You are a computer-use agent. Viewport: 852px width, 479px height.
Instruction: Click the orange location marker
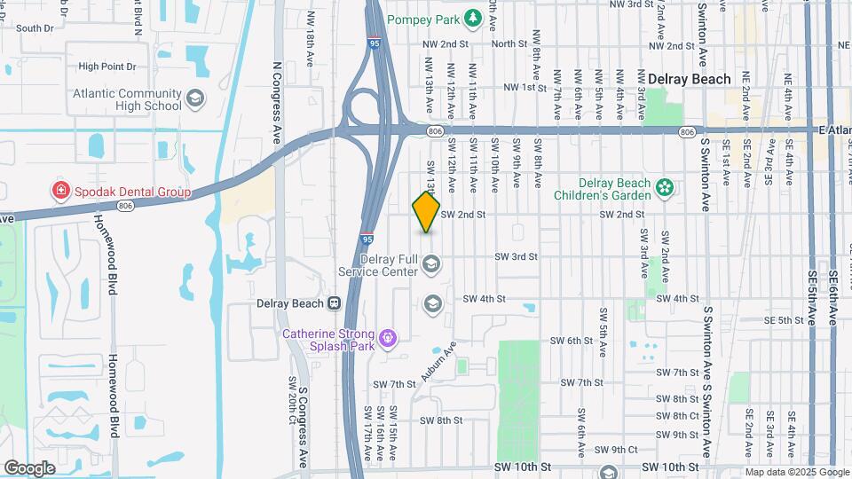click(x=427, y=212)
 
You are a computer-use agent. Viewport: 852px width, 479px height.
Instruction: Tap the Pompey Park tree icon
click(x=475, y=18)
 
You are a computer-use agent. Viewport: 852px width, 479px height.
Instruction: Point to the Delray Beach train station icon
click(x=335, y=302)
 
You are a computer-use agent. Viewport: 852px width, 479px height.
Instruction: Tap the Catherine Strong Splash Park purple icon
click(x=386, y=338)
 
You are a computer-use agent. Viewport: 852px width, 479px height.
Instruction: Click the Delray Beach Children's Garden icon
click(x=663, y=187)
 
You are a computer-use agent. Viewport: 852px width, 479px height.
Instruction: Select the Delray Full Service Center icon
click(x=431, y=263)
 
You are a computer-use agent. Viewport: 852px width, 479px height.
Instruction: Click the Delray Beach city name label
click(x=690, y=79)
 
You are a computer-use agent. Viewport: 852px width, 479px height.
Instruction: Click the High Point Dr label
click(x=106, y=66)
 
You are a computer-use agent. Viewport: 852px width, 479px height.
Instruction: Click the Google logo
click(x=29, y=467)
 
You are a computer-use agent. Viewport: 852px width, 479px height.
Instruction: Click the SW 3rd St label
click(x=516, y=257)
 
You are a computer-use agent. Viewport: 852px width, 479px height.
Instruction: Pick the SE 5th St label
click(x=783, y=320)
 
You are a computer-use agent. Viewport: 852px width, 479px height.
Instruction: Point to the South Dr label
click(x=35, y=28)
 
